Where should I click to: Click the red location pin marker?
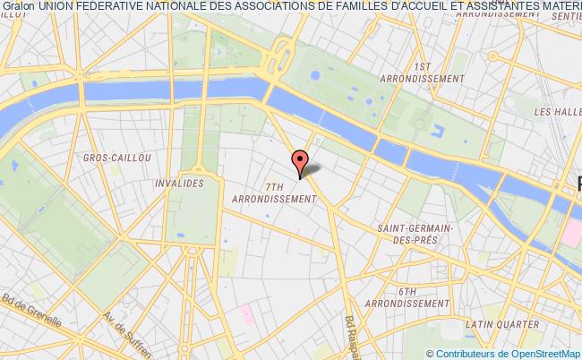(x=299, y=161)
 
